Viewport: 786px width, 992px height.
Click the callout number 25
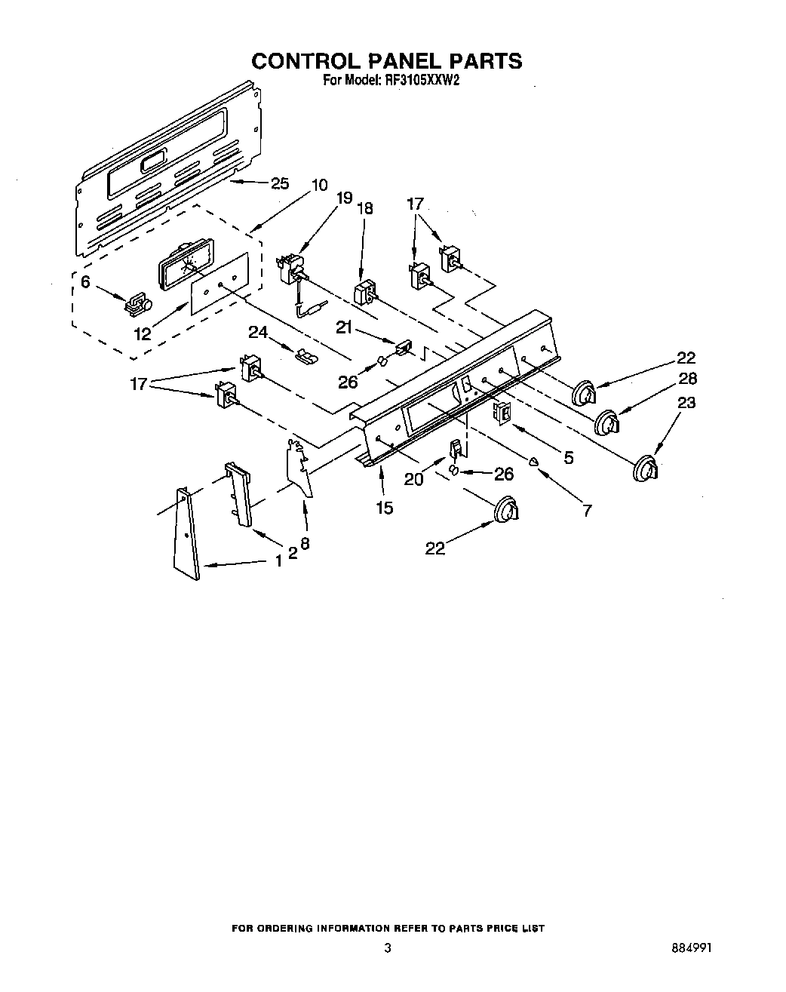pyautogui.click(x=279, y=183)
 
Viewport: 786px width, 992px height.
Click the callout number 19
pyautogui.click(x=344, y=198)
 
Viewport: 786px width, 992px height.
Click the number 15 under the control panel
pyautogui.click(x=384, y=508)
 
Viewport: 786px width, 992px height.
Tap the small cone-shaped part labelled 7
pyautogui.click(x=534, y=462)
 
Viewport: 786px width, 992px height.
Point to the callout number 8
pyautogui.click(x=305, y=542)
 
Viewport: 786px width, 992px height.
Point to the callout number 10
pyautogui.click(x=318, y=184)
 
